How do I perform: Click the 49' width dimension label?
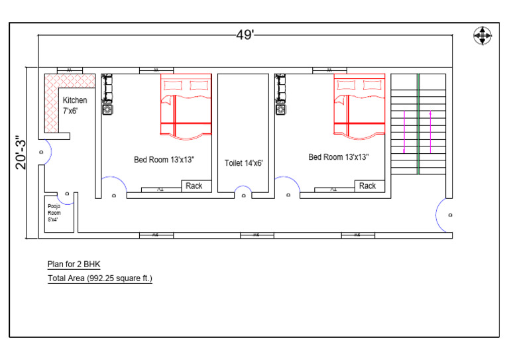(x=245, y=35)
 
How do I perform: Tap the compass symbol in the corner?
(x=482, y=36)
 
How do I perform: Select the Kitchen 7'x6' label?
(x=74, y=105)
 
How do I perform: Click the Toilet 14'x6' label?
(x=244, y=162)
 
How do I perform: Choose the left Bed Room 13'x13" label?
(x=164, y=160)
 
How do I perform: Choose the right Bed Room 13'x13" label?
(x=338, y=157)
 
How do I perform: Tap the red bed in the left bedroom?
(x=186, y=106)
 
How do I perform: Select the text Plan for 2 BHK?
(x=74, y=265)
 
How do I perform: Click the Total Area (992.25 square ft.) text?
(x=99, y=278)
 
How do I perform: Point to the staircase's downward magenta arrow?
(x=404, y=132)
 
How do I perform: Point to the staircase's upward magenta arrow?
(x=431, y=132)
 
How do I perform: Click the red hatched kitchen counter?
(x=52, y=99)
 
